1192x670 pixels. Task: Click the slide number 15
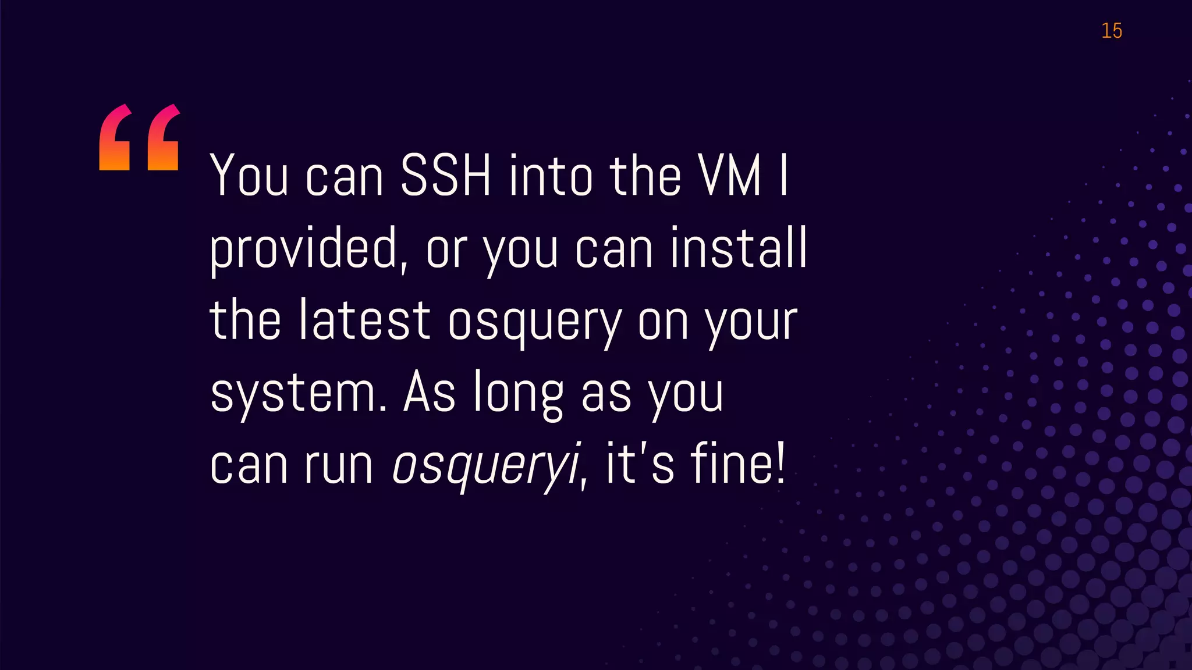tap(1111, 31)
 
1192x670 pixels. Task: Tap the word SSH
tap(446, 176)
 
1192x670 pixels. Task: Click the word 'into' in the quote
tap(551, 176)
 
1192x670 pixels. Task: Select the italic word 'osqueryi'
tap(487, 465)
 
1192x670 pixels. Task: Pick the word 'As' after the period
tap(430, 393)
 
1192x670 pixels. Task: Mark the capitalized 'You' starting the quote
tap(249, 176)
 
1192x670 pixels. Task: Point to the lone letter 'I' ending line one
tap(784, 176)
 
